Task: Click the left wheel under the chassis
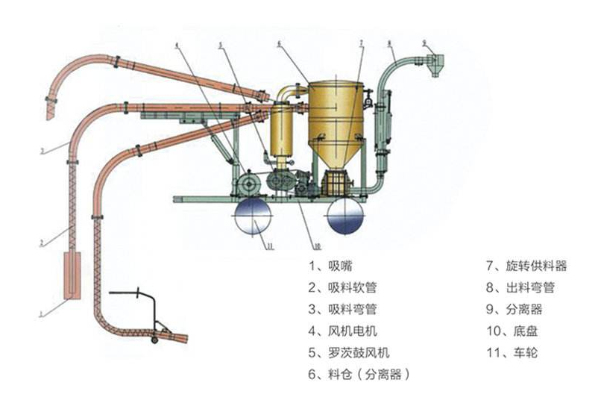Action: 255,216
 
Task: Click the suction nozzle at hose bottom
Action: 72,276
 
